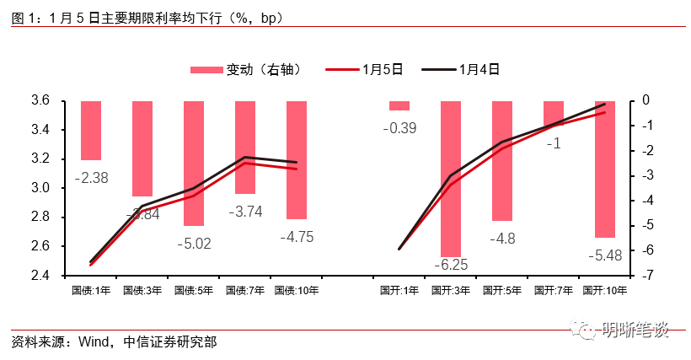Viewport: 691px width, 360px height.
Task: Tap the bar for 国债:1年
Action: [x=91, y=130]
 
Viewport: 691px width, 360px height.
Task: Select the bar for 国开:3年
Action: [x=451, y=178]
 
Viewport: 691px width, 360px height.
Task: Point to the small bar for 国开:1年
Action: [x=399, y=105]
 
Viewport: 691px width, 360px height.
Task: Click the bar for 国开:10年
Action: [x=605, y=169]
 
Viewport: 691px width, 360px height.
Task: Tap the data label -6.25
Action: [x=450, y=265]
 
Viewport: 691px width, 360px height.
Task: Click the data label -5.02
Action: [x=193, y=244]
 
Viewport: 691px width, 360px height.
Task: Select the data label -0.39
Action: [x=399, y=128]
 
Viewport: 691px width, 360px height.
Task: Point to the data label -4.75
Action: [x=296, y=237]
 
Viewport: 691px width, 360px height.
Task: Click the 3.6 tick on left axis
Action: [x=40, y=100]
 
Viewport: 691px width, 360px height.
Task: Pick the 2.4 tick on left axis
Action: [x=40, y=276]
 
